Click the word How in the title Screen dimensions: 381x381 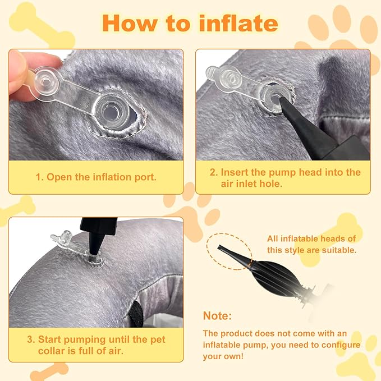(127, 23)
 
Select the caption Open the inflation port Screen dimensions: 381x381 (96, 177)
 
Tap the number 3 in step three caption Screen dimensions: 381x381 (31, 339)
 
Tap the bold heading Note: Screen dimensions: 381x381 (217, 316)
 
